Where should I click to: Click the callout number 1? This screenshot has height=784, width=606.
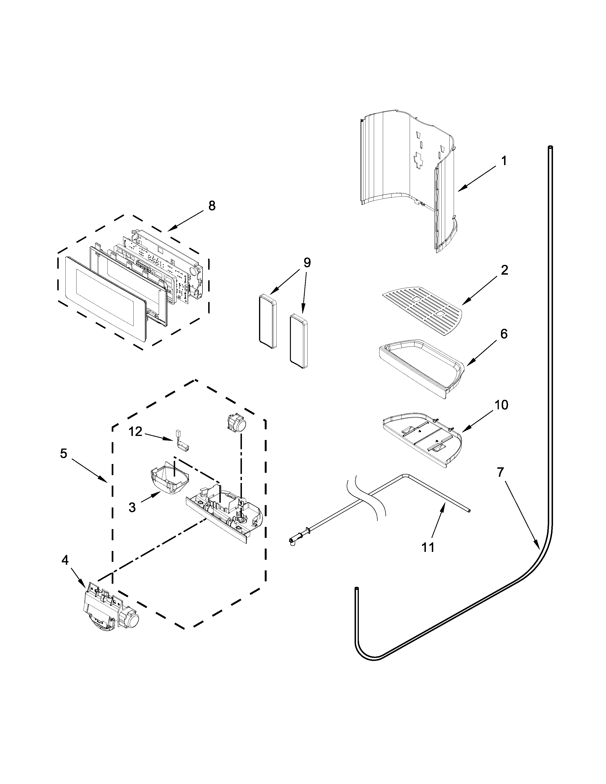504,161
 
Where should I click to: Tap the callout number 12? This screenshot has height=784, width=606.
136,432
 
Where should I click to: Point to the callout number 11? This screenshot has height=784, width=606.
428,547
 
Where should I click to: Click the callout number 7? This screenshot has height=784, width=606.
501,473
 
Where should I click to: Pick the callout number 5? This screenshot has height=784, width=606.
63,454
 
